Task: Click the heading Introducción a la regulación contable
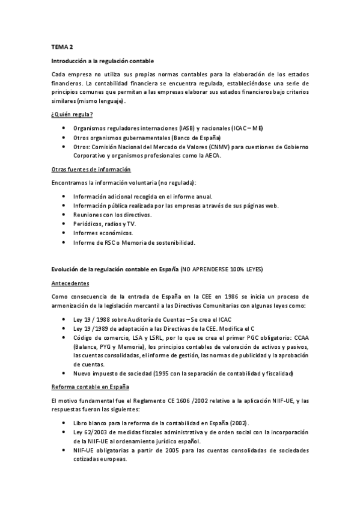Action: pos(103,61)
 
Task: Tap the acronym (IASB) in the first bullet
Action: pos(186,129)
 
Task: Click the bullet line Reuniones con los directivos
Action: pos(112,215)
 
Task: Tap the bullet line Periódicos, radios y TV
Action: pos(104,224)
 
